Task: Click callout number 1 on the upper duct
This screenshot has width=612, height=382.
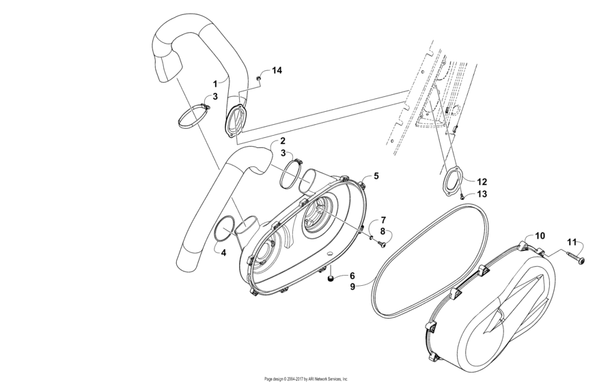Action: (214, 83)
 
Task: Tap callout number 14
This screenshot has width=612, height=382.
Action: (277, 70)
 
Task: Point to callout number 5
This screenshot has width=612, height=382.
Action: (376, 175)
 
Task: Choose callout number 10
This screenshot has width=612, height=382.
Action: (540, 235)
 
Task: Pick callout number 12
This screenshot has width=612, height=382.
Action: (482, 182)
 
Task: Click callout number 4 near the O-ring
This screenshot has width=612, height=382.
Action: (223, 252)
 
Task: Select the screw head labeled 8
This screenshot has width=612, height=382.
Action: (382, 244)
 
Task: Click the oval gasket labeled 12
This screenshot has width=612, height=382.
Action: (451, 182)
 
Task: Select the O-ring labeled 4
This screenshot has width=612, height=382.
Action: (225, 229)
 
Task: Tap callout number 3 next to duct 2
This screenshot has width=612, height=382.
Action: (281, 153)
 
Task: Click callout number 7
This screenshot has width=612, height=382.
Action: (383, 220)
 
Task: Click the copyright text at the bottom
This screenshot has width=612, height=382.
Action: (306, 378)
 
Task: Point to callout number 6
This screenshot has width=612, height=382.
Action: (352, 275)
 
